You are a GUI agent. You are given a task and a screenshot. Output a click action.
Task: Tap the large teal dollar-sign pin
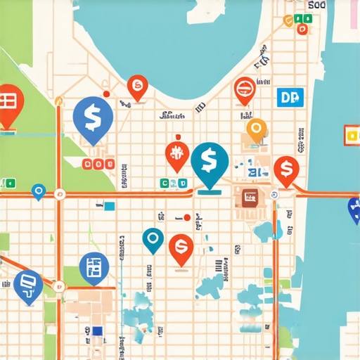coord(209,162)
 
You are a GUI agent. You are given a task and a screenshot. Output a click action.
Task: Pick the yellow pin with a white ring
coord(257,129)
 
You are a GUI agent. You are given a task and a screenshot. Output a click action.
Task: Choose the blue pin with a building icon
coord(94,268)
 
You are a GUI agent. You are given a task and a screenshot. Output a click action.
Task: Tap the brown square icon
coord(249,197)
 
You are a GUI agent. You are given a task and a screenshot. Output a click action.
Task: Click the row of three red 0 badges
coord(98,165)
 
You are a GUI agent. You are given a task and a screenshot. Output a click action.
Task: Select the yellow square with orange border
coord(352,135)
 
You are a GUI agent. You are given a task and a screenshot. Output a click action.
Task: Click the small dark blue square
coord(96,330)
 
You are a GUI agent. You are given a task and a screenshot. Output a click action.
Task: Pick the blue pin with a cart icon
coord(27,284)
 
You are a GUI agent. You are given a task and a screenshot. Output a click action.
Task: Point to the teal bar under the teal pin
coord(210,189)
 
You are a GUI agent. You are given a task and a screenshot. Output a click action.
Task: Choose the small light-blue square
coord(109,206)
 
